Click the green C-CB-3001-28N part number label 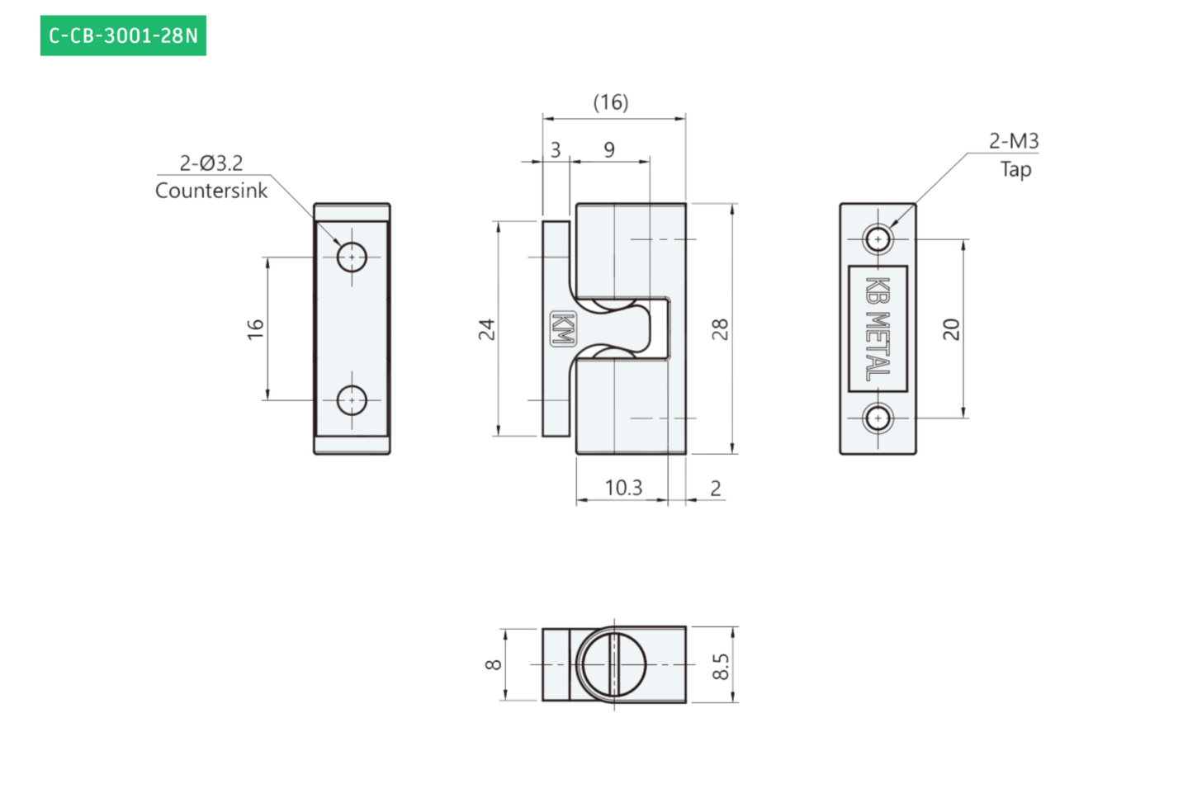(123, 35)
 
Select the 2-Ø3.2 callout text (211, 163)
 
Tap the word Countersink (211, 191)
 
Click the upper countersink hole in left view (352, 257)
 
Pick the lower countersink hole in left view (352, 400)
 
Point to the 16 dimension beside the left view (255, 329)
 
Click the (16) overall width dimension (611, 102)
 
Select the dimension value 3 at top (556, 150)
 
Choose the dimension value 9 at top (609, 150)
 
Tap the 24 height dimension (487, 329)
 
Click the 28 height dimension (720, 329)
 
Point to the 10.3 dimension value (623, 488)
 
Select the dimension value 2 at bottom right (716, 489)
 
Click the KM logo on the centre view (563, 328)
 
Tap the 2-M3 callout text (1014, 141)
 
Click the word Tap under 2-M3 (1016, 170)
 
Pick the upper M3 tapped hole (878, 239)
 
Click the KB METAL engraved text (878, 328)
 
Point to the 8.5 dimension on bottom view (721, 666)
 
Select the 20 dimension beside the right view (951, 329)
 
